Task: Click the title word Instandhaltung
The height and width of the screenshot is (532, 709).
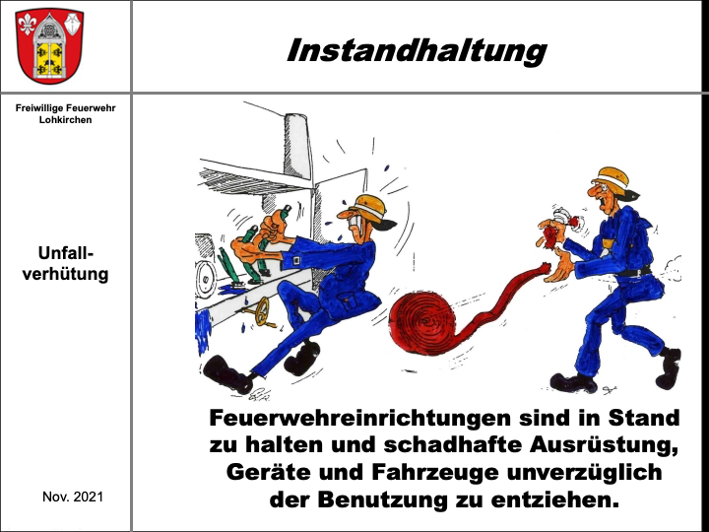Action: [x=417, y=50]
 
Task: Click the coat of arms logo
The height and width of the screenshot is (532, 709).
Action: [x=50, y=46]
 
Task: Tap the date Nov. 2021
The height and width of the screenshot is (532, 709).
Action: [x=73, y=497]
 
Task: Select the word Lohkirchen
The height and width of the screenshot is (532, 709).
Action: [x=66, y=120]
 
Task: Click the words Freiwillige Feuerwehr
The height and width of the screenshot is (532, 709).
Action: [x=66, y=108]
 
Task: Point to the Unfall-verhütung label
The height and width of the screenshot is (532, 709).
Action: [x=66, y=264]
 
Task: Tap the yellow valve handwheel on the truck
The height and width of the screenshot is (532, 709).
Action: [x=261, y=311]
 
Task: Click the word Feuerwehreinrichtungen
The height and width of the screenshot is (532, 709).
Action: [x=359, y=418]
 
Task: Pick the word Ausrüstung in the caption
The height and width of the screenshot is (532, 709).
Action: [x=604, y=445]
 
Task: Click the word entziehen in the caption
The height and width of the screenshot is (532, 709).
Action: [x=554, y=499]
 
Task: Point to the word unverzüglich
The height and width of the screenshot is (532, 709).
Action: [x=584, y=472]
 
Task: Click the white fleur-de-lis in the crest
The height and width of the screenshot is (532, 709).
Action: [x=27, y=24]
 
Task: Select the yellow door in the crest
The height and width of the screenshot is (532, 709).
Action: [x=49, y=59]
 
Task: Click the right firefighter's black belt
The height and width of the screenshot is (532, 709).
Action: [x=634, y=272]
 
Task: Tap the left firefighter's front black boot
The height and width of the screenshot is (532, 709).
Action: [x=227, y=373]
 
